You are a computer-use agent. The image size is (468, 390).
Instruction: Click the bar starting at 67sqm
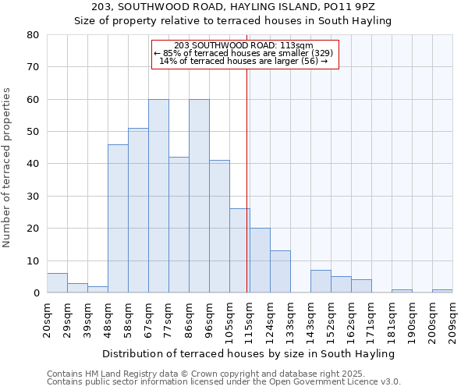coord(158,196)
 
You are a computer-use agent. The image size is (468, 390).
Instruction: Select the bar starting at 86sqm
coord(199,196)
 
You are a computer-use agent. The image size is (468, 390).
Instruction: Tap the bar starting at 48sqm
coord(118,218)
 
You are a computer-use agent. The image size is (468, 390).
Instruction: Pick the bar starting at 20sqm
coord(57,283)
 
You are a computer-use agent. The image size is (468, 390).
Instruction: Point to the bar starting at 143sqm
coord(321,282)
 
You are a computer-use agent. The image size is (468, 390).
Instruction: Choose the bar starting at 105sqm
coord(239,250)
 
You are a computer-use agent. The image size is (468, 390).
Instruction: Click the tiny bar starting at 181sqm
coord(402,291)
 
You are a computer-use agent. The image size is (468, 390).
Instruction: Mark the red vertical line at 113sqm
coord(246,179)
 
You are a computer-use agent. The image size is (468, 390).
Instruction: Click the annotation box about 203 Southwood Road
coord(244,54)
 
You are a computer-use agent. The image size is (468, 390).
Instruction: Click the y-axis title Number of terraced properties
coord(7,168)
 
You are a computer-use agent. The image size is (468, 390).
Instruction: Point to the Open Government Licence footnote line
coord(224,382)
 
